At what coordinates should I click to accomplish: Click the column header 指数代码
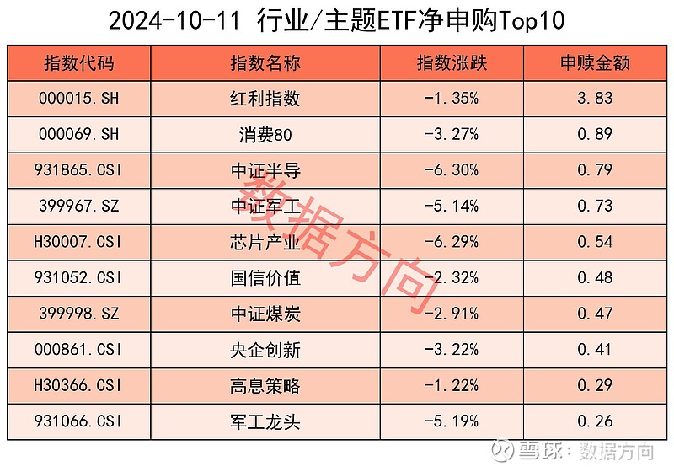[79, 63]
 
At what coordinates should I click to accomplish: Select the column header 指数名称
[265, 63]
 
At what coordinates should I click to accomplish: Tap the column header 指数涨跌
[452, 63]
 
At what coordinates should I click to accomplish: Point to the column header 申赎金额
[595, 63]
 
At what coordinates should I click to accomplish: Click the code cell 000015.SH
[79, 99]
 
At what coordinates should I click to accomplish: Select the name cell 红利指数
[265, 99]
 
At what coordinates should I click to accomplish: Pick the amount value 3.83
[595, 99]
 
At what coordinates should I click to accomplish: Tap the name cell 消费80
[265, 135]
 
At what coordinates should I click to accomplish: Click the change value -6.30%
[452, 171]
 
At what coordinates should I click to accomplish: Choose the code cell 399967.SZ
[79, 206]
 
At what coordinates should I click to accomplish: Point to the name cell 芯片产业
[265, 243]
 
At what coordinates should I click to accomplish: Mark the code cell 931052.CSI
[79, 278]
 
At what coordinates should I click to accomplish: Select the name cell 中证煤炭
[265, 314]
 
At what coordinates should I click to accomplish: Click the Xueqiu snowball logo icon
[503, 452]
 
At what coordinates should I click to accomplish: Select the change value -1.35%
[452, 99]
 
